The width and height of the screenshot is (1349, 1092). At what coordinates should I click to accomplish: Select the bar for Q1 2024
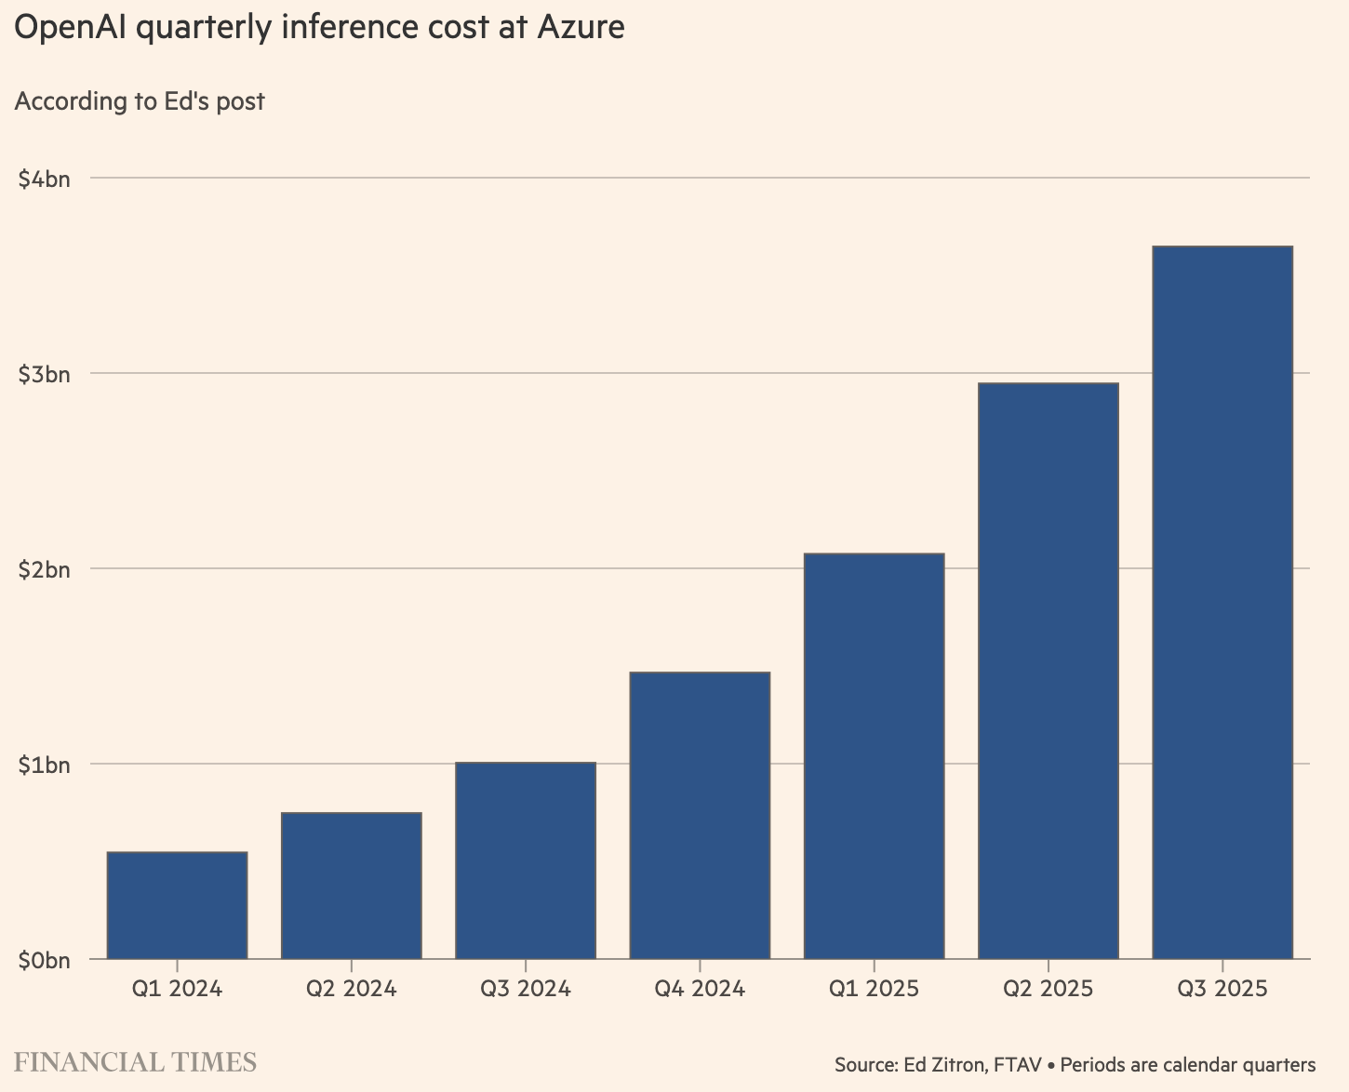pyautogui.click(x=177, y=905)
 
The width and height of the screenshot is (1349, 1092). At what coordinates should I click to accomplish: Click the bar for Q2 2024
pyautogui.click(x=351, y=886)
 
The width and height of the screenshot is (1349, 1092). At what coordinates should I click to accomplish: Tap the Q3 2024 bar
pyautogui.click(x=526, y=860)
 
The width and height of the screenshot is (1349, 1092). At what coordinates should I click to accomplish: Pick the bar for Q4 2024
pyautogui.click(x=700, y=815)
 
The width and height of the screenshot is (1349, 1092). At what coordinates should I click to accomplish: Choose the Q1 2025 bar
pyautogui.click(x=874, y=755)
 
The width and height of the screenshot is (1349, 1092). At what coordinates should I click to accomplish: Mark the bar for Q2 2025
pyautogui.click(x=1048, y=671)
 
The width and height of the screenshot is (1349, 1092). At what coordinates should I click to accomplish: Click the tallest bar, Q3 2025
pyautogui.click(x=1222, y=602)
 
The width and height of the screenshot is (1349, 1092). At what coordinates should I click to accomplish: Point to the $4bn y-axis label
pyautogui.click(x=44, y=179)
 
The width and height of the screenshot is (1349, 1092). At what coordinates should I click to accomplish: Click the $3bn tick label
pyautogui.click(x=44, y=374)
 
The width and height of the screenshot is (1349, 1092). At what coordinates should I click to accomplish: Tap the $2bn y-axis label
pyautogui.click(x=44, y=569)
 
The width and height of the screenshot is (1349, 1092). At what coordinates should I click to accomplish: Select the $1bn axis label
pyautogui.click(x=44, y=765)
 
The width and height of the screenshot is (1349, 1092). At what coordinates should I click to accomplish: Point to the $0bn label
pyautogui.click(x=44, y=960)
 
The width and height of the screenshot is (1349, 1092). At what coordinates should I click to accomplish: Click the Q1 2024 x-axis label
pyautogui.click(x=177, y=988)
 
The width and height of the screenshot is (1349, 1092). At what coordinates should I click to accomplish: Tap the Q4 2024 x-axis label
pyautogui.click(x=700, y=988)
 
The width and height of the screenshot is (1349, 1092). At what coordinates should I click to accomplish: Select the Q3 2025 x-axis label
pyautogui.click(x=1222, y=988)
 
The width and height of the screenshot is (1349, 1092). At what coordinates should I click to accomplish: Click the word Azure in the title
pyautogui.click(x=581, y=28)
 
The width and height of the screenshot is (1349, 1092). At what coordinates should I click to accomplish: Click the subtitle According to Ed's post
pyautogui.click(x=140, y=100)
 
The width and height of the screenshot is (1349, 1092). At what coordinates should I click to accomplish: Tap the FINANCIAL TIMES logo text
pyautogui.click(x=135, y=1062)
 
